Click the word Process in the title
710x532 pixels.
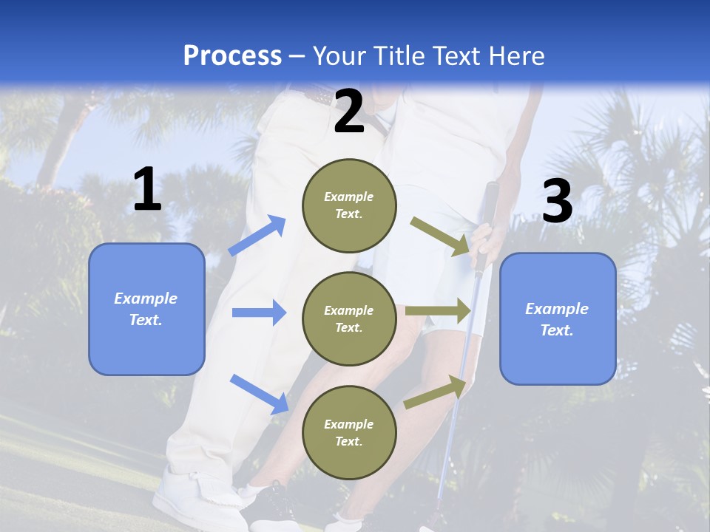[x=232, y=56]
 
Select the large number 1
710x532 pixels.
[x=147, y=190]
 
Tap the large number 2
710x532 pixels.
[x=349, y=112]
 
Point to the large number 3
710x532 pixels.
[x=557, y=201]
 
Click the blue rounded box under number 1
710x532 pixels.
[x=146, y=309]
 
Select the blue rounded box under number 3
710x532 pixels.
[x=558, y=318]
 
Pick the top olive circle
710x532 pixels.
[x=349, y=205]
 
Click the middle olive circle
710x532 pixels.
[x=349, y=318]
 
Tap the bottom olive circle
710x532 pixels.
[x=349, y=432]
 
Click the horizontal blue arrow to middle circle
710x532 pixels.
[x=259, y=313]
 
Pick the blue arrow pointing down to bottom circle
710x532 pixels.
[x=260, y=394]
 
